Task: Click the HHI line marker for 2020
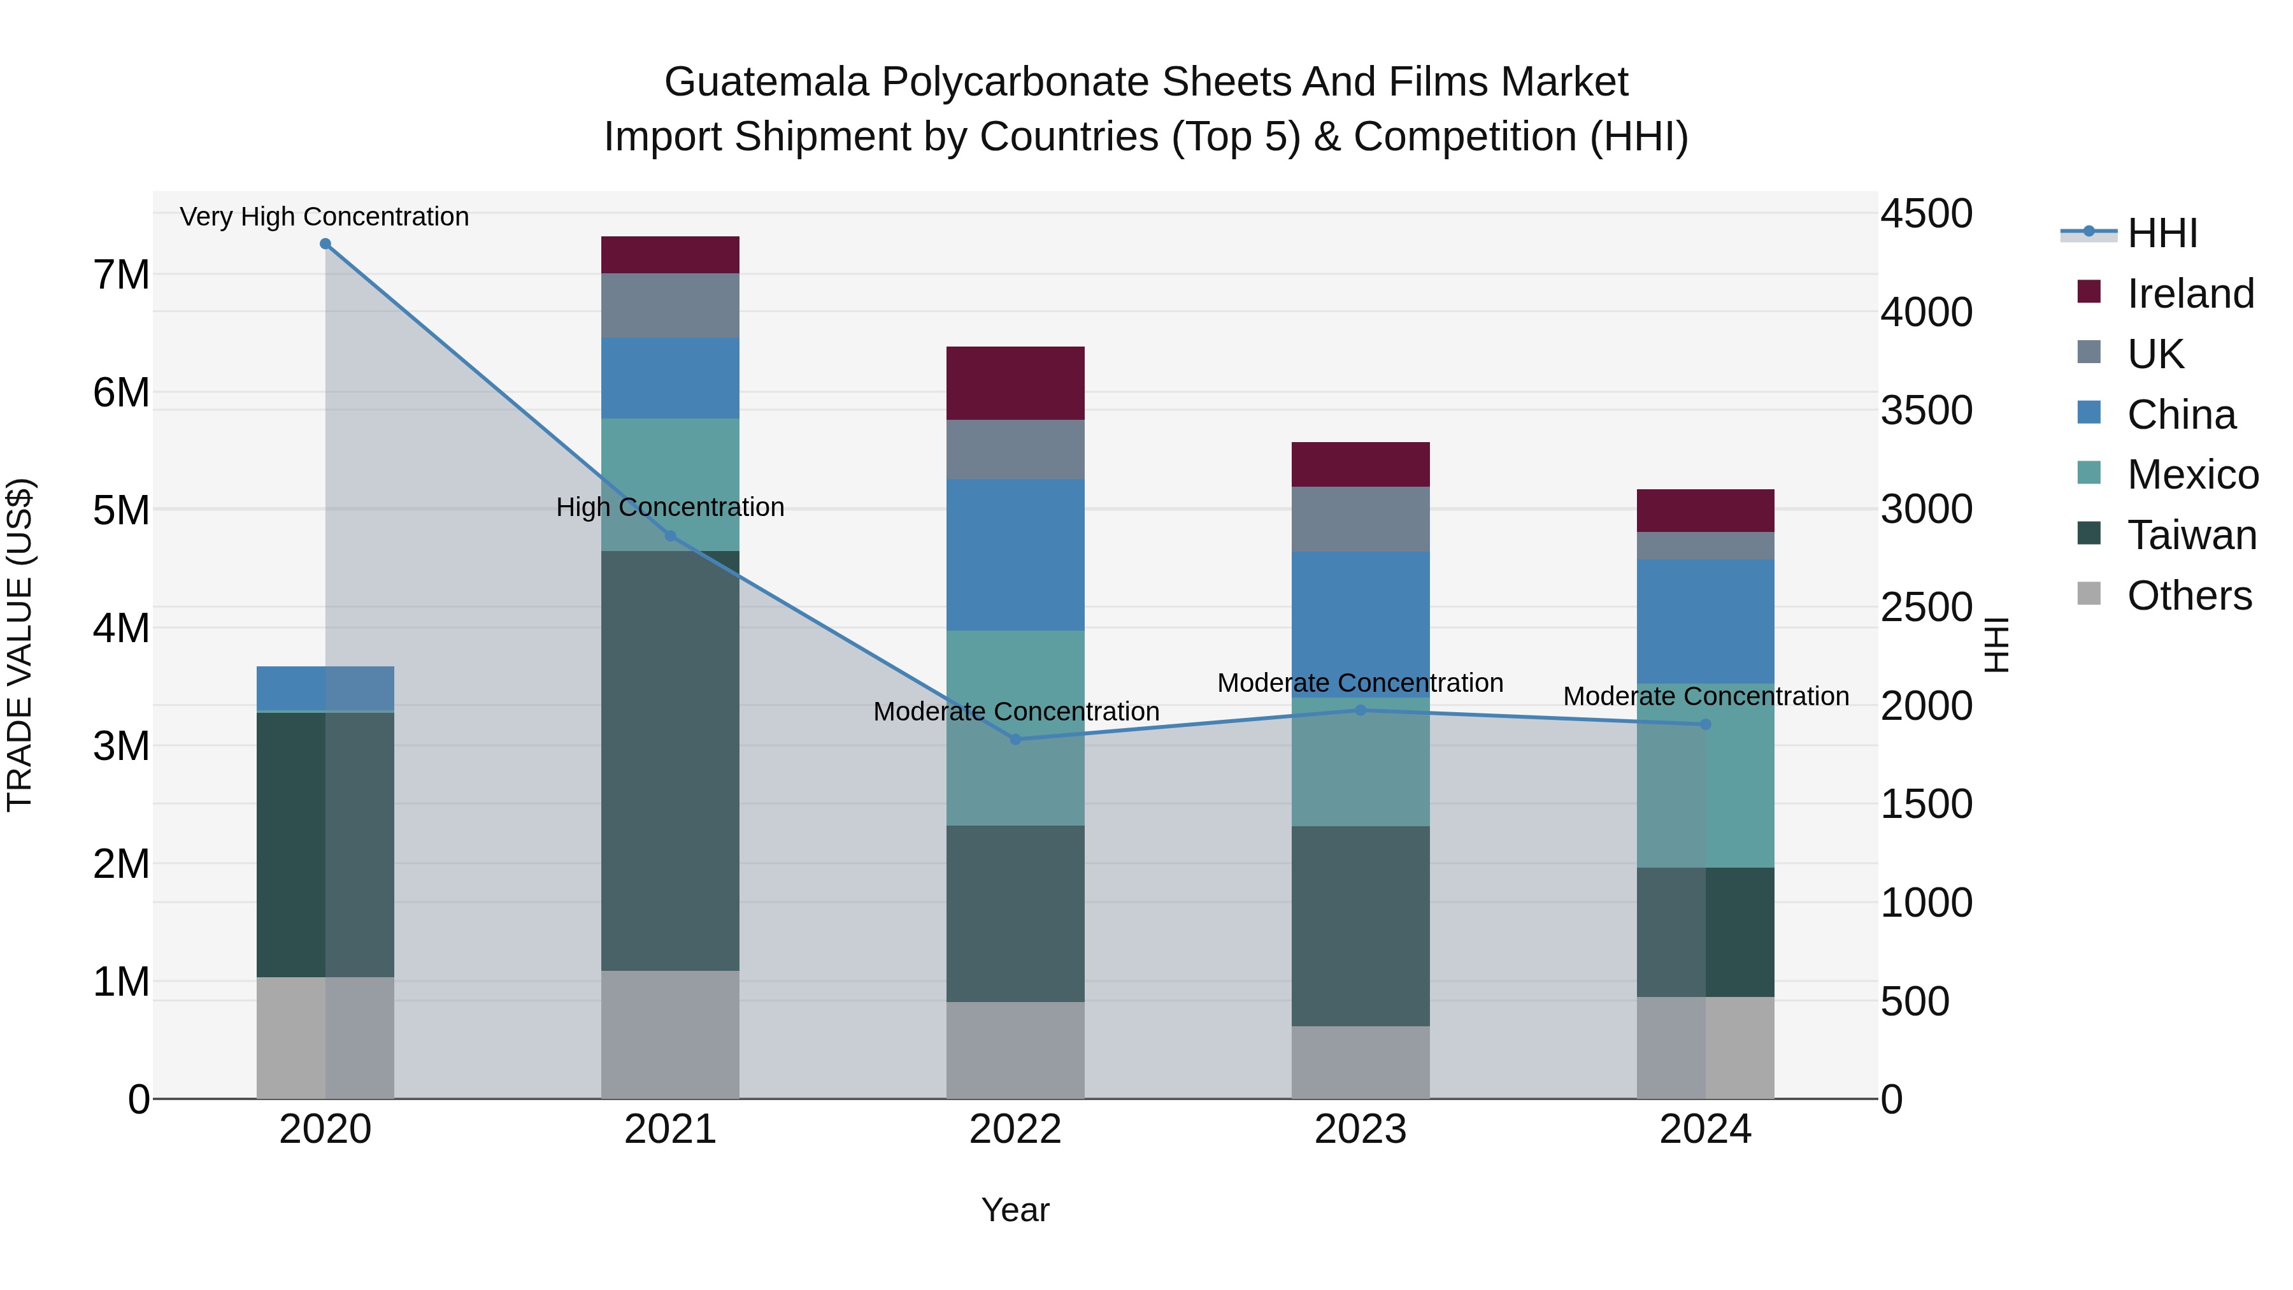325,244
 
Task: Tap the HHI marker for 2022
1016,739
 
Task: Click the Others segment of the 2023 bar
1360,1061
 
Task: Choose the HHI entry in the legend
2162,233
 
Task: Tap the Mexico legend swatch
2089,473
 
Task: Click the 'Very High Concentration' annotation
324,217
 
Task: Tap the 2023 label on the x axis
1360,1129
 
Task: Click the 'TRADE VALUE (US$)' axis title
20,645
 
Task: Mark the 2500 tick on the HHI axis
1926,608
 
